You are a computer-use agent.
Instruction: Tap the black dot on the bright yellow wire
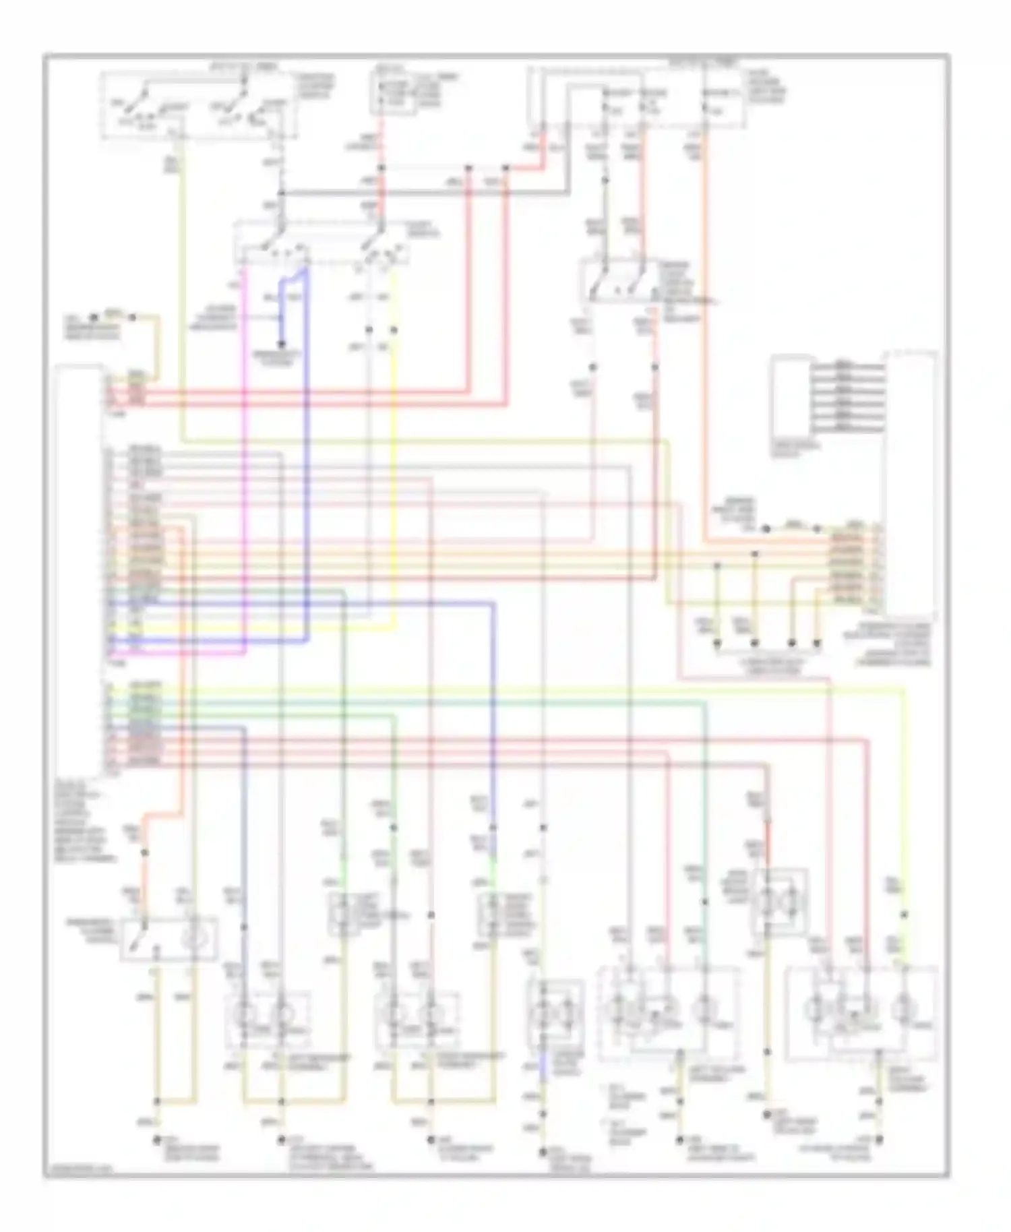(394, 330)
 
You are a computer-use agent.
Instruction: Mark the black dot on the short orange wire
(145, 853)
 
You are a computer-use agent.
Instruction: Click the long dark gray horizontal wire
(425, 193)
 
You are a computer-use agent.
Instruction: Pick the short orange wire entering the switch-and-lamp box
(145, 876)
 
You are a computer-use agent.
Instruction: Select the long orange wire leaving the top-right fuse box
(705, 337)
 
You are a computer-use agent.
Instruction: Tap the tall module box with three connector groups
(80, 566)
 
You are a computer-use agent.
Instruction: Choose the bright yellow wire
(394, 472)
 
